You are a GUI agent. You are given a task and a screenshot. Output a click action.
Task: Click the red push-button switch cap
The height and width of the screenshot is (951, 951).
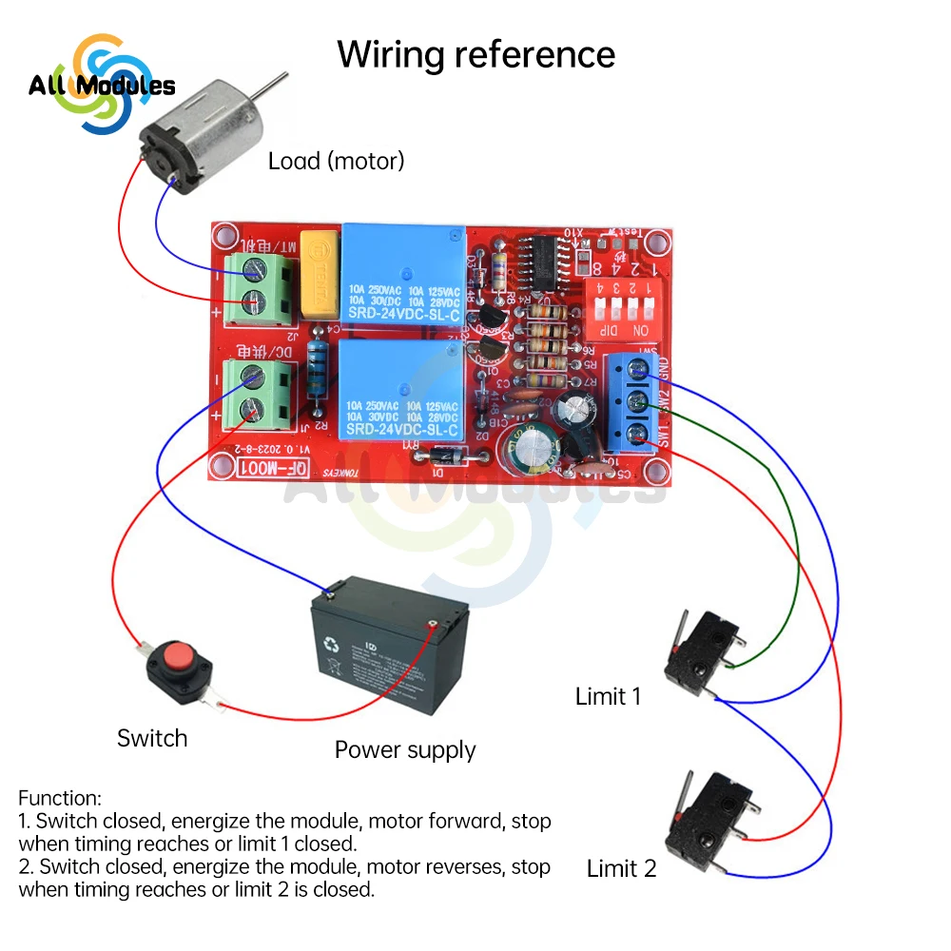click(x=177, y=656)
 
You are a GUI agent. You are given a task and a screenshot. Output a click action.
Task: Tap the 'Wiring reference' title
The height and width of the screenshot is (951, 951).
click(x=475, y=54)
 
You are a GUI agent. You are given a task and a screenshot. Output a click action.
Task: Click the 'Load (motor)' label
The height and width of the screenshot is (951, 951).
click(x=336, y=161)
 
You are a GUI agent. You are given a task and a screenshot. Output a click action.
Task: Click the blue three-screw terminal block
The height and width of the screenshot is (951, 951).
click(x=630, y=400)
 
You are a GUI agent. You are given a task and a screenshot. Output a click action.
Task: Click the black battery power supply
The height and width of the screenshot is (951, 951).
click(x=390, y=656)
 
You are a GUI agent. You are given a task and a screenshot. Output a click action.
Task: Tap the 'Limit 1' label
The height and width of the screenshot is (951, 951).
click(x=608, y=696)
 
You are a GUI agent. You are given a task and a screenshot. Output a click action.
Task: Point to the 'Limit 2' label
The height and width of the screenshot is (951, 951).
click(x=621, y=868)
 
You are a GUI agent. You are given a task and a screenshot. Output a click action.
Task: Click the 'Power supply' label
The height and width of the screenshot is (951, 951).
click(x=405, y=749)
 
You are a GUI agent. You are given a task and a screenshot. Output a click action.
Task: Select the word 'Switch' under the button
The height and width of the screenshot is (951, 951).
click(x=152, y=738)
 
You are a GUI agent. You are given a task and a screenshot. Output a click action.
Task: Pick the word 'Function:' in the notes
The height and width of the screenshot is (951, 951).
click(x=59, y=798)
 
